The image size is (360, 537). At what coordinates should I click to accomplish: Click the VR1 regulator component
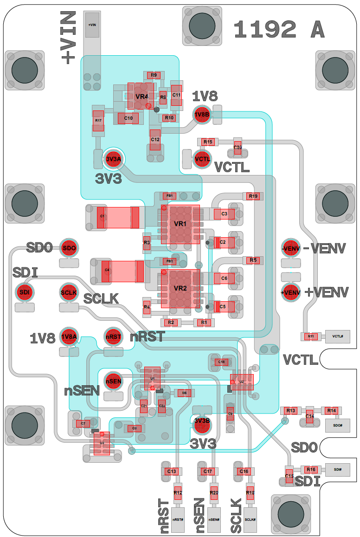(180, 224)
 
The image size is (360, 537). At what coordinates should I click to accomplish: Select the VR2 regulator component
(180, 288)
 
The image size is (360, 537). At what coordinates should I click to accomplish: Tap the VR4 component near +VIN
(141, 97)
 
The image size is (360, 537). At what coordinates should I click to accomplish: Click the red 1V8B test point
(202, 115)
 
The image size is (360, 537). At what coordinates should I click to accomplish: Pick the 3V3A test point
(113, 160)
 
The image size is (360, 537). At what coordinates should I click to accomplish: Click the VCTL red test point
(202, 159)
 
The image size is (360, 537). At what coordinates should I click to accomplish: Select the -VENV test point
(291, 249)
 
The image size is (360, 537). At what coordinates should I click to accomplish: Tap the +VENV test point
(291, 292)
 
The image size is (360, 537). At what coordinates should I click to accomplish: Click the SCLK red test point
(69, 292)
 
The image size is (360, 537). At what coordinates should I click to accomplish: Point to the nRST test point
(113, 337)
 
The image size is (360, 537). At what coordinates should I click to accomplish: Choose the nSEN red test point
(113, 382)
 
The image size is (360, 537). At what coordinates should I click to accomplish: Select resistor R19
(253, 196)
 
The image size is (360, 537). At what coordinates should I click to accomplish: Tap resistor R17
(98, 121)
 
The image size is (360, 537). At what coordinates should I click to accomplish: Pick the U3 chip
(102, 443)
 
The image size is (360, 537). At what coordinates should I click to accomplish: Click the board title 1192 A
(279, 30)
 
